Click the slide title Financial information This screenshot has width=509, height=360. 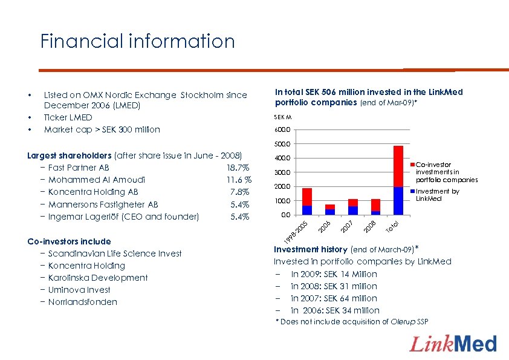(137, 41)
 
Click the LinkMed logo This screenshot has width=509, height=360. (453, 344)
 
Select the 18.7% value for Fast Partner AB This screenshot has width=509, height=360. (237, 168)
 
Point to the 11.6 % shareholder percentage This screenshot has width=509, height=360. (239, 180)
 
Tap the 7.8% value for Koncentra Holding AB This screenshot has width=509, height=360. (240, 192)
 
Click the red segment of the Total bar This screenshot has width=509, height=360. (398, 166)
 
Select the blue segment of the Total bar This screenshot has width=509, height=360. (398, 201)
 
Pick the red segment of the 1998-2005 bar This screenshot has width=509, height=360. (307, 197)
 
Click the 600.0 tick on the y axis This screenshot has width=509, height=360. (282, 129)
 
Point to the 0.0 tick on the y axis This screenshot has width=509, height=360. (285, 215)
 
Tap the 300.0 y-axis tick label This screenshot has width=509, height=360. (282, 172)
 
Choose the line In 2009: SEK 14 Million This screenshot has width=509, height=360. (334, 273)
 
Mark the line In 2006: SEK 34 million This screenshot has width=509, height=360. (335, 310)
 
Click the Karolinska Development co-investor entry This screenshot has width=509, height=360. (97, 278)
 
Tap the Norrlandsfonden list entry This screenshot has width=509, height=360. (82, 302)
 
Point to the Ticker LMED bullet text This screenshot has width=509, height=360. (68, 117)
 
